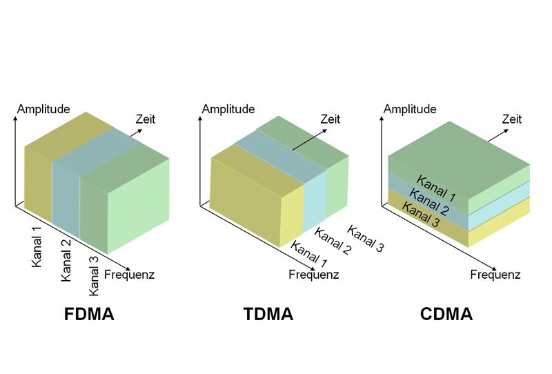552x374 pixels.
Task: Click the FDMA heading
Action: (x=89, y=315)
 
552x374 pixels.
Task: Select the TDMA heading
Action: (x=268, y=315)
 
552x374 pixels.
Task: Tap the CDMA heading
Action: (x=446, y=315)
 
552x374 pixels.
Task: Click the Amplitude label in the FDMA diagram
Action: (x=43, y=109)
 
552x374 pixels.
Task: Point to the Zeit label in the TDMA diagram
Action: (x=330, y=119)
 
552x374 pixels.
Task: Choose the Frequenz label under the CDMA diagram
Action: (x=495, y=275)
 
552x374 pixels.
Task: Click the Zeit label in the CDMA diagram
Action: (x=511, y=119)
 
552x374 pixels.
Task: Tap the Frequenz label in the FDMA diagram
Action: (x=129, y=275)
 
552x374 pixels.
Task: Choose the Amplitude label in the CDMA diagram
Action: (x=410, y=109)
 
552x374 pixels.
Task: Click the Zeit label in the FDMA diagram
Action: (x=146, y=119)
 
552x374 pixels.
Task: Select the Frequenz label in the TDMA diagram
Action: (x=313, y=275)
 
